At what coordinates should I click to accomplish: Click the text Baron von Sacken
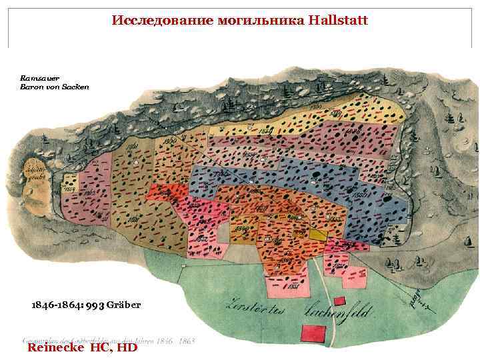tap(54, 87)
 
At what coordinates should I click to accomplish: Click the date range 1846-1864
tap(55, 305)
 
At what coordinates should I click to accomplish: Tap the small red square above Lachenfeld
tap(340, 301)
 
